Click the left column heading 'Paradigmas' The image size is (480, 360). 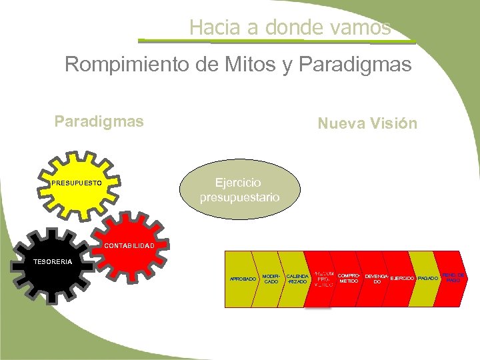click(99, 122)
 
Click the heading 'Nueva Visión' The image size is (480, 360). click(367, 123)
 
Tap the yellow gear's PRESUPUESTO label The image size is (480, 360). click(77, 182)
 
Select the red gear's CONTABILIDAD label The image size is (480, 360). click(128, 246)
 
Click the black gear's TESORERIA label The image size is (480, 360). click(53, 261)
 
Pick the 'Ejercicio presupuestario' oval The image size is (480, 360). click(239, 191)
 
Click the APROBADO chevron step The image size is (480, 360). click(241, 279)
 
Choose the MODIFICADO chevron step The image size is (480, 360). click(271, 279)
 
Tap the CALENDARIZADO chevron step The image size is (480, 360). click(297, 279)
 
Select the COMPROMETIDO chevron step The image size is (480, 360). click(349, 278)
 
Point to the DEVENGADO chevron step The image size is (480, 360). click(377, 279)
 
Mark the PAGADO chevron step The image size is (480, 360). click(427, 278)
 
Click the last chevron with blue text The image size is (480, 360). click(453, 277)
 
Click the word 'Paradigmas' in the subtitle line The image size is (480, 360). click(355, 65)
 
